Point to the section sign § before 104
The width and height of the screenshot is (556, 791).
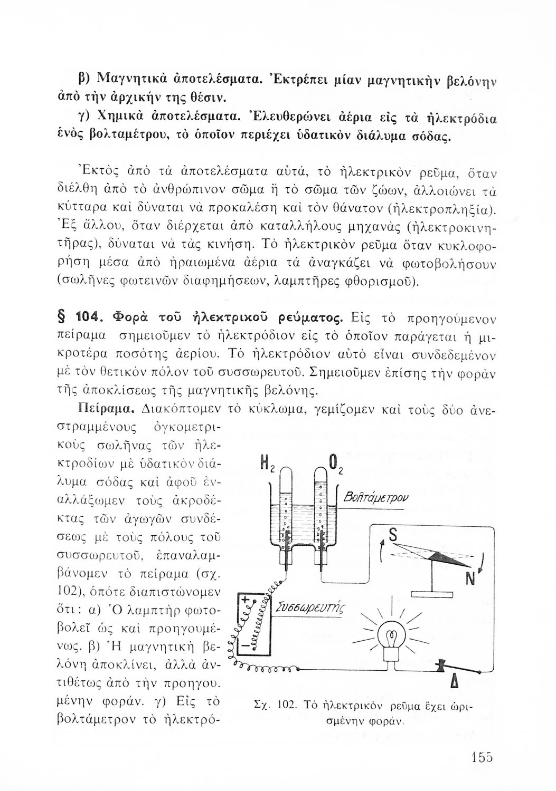click(60, 319)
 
